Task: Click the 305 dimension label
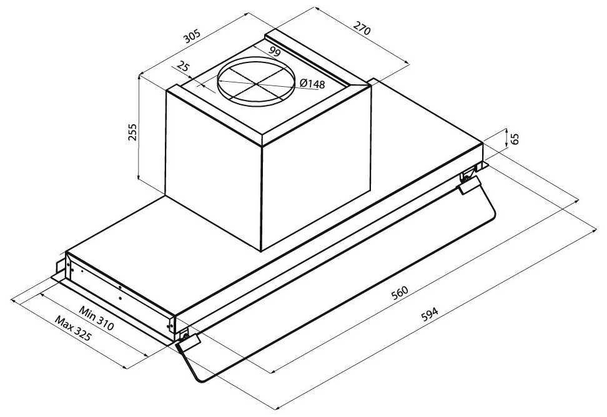(192, 36)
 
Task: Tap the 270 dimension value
(362, 28)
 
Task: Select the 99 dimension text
(274, 51)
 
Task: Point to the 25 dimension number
(183, 67)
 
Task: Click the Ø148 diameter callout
(312, 83)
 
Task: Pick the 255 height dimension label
(132, 132)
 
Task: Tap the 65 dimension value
(515, 139)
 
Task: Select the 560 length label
(400, 293)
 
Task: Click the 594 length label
(430, 314)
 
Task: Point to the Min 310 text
(96, 318)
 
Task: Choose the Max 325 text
(73, 328)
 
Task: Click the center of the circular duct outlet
(255, 82)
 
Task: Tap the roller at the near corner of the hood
(185, 336)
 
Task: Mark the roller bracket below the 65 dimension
(468, 175)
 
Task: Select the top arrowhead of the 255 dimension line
(139, 78)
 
